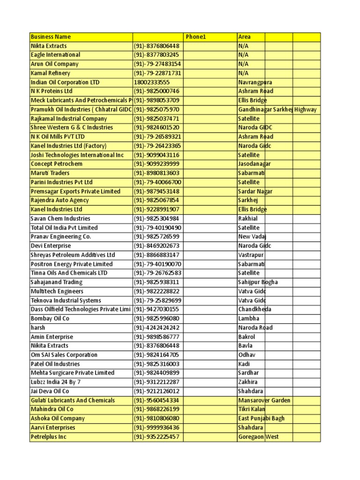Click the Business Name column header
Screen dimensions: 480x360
tap(51, 37)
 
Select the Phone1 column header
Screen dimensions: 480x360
tap(195, 37)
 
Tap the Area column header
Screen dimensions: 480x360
tap(244, 37)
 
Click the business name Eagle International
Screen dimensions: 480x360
tap(55, 55)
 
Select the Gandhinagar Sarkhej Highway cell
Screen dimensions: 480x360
tap(277, 109)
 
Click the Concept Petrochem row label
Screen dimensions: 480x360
tap(56, 164)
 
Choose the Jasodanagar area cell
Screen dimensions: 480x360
tap(255, 164)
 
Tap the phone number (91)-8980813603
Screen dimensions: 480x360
tap(157, 173)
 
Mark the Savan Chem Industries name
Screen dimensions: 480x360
tap(60, 218)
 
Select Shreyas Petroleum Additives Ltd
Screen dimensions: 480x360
tap(73, 255)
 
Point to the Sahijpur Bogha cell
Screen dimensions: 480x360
tap(258, 282)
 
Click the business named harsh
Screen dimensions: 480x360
tap(37, 328)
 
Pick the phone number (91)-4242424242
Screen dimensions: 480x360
tap(157, 328)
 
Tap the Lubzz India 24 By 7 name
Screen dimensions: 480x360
tap(55, 382)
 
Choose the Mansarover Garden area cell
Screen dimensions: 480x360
tap(264, 400)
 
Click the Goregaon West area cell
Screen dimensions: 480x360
tap(258, 437)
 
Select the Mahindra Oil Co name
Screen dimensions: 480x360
tap(52, 409)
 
